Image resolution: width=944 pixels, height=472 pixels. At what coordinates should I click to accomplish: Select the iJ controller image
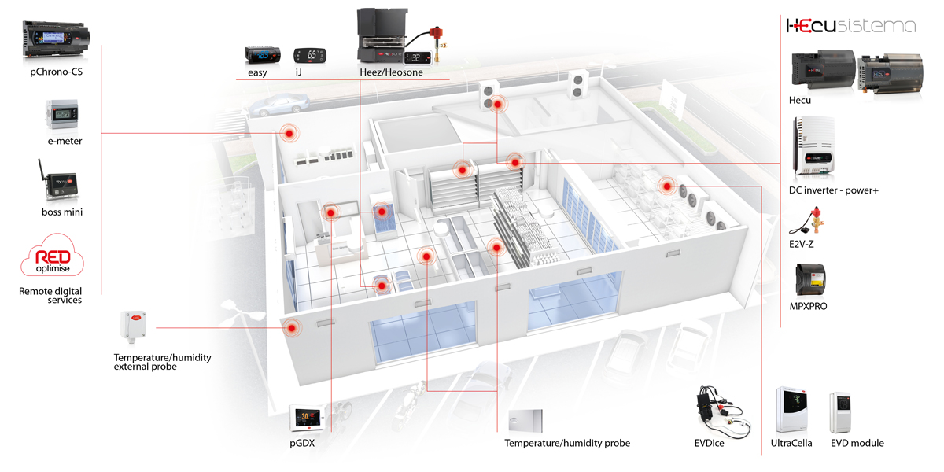308,55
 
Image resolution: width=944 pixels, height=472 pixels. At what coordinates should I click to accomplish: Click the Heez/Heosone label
390,72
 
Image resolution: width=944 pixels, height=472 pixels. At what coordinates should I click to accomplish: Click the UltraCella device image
792,409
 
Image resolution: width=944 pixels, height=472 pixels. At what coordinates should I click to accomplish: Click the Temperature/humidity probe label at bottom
567,444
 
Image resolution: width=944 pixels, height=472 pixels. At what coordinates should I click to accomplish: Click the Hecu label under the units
800,100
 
